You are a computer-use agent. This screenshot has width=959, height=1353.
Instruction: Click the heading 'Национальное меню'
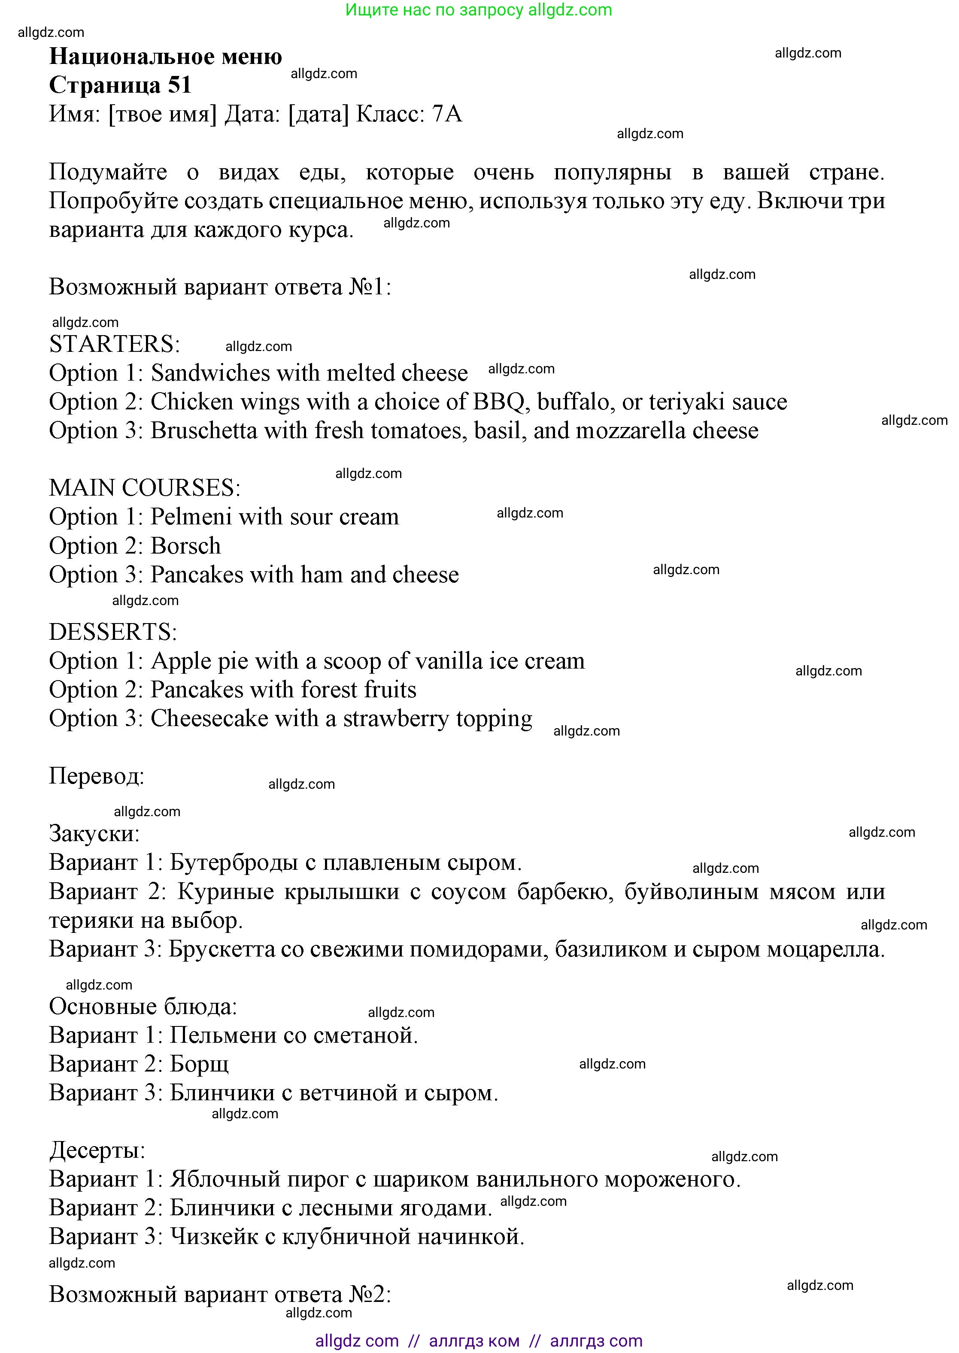click(x=165, y=57)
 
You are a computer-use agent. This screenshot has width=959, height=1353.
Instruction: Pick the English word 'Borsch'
click(x=185, y=546)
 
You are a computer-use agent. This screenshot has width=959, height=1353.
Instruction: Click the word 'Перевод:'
click(x=96, y=776)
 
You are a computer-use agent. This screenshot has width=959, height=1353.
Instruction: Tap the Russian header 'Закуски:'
click(x=94, y=833)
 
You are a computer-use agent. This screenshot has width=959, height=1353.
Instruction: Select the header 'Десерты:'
click(x=97, y=1150)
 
